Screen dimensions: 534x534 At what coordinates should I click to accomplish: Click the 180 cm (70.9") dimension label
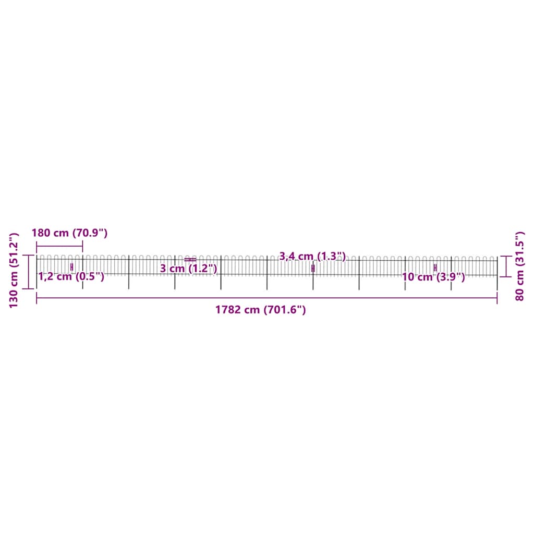(69, 233)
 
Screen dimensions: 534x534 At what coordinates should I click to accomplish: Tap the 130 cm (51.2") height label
(14, 270)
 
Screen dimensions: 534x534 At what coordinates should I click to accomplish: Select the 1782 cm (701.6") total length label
(260, 309)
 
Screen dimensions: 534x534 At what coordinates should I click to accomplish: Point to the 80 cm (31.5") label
(519, 266)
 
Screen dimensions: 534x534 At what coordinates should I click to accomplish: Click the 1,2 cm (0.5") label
(71, 276)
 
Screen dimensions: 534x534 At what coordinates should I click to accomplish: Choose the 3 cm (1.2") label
(188, 269)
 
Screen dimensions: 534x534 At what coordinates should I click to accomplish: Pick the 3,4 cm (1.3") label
(312, 256)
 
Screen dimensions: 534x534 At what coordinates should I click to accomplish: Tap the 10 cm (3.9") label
(433, 277)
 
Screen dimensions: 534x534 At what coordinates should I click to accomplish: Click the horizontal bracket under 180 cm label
(59, 246)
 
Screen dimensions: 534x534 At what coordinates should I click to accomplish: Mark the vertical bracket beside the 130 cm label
(29, 272)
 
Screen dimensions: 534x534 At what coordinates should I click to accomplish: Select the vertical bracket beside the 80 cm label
(504, 266)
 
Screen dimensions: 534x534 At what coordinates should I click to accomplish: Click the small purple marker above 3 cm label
(190, 259)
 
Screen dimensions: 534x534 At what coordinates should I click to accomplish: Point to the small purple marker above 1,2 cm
(71, 268)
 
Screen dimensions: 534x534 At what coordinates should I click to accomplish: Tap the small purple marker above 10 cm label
(435, 268)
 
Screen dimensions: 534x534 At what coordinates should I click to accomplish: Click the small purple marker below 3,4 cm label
(313, 268)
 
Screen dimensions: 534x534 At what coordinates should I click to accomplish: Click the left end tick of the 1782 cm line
(37, 298)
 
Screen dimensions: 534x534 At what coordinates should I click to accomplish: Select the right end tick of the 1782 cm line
(497, 298)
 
